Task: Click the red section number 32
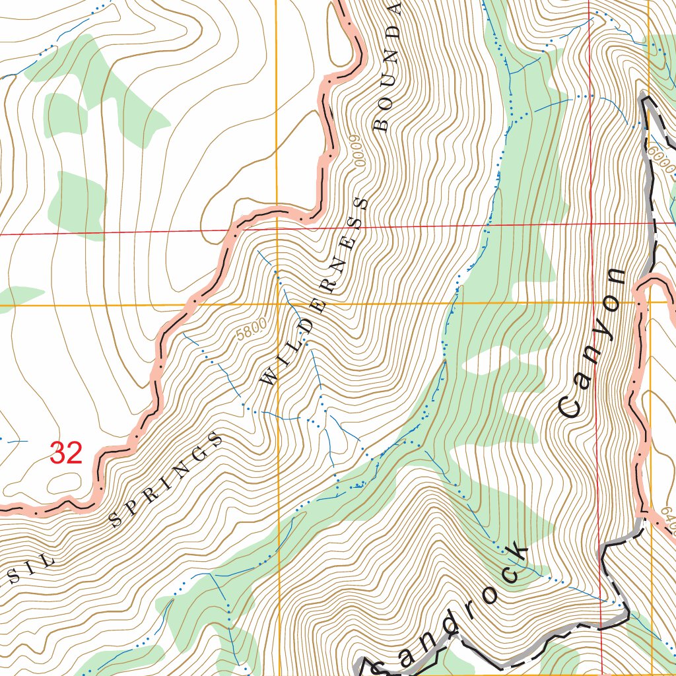[x=66, y=454]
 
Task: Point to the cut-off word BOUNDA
[x=388, y=66]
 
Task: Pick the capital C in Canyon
[x=569, y=406]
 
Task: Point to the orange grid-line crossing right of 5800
[x=277, y=305]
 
